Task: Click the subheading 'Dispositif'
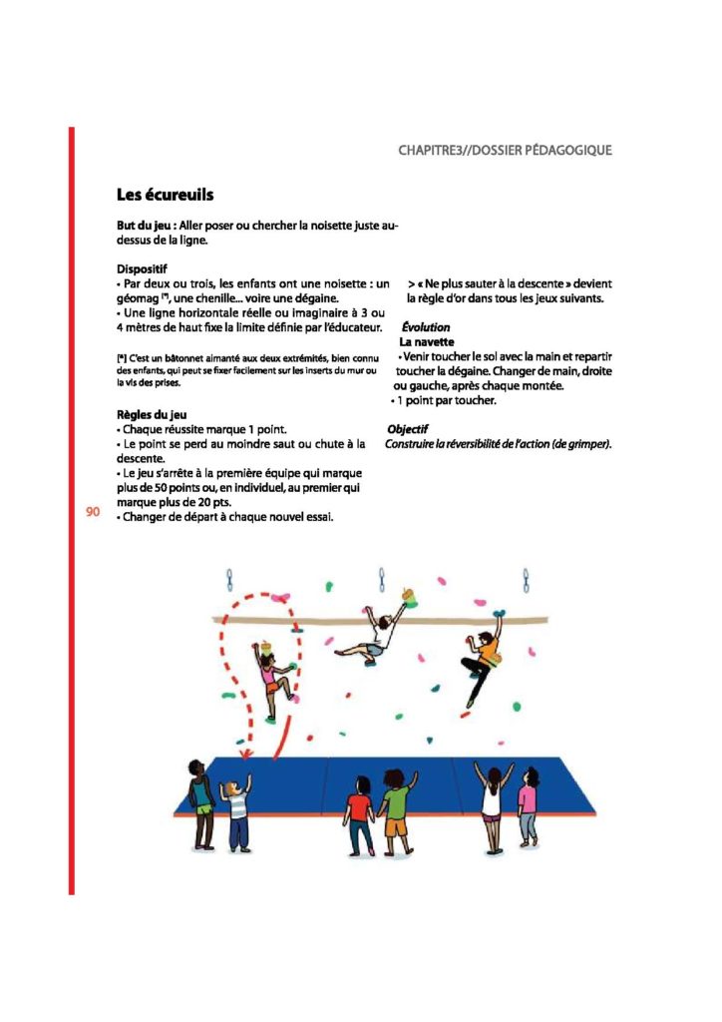[x=142, y=268]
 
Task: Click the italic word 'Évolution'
[x=425, y=327]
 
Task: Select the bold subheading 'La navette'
[x=428, y=341]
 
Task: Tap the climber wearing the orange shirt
[x=483, y=658]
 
